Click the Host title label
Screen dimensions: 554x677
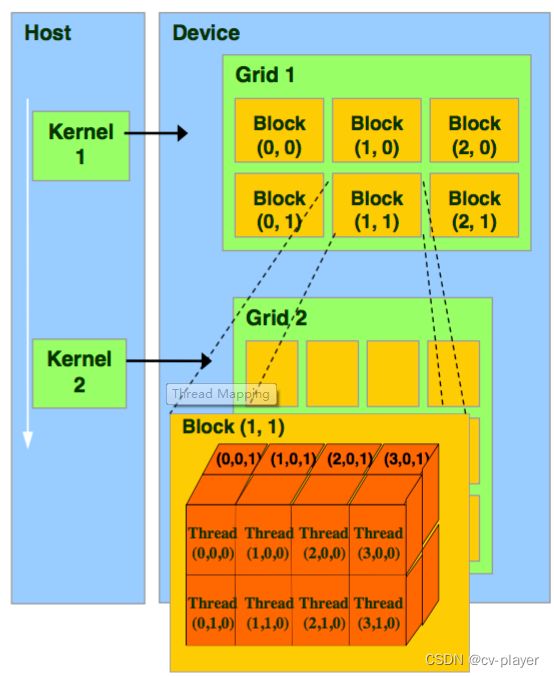pos(47,33)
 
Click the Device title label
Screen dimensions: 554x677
pos(206,33)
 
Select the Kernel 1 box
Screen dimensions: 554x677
pos(81,146)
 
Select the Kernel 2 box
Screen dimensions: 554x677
pos(79,373)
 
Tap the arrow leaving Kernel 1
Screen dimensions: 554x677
pos(156,133)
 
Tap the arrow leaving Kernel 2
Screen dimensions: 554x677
pos(169,361)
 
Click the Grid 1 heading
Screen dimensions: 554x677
pos(265,75)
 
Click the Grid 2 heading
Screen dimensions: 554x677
pos(276,318)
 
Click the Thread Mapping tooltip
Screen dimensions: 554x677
pos(222,394)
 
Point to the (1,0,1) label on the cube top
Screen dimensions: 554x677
pos(293,459)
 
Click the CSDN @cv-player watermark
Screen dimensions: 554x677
pos(482,660)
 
